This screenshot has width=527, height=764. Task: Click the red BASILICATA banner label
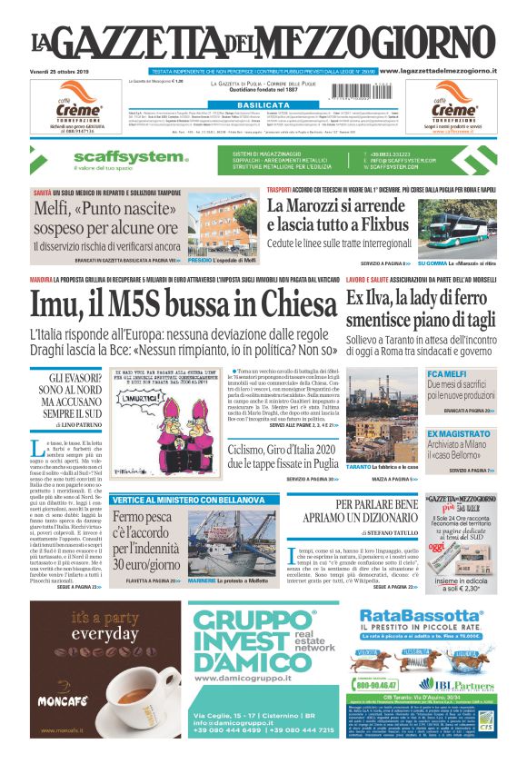coord(263,105)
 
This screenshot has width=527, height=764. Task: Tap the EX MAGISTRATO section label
coord(460,434)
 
